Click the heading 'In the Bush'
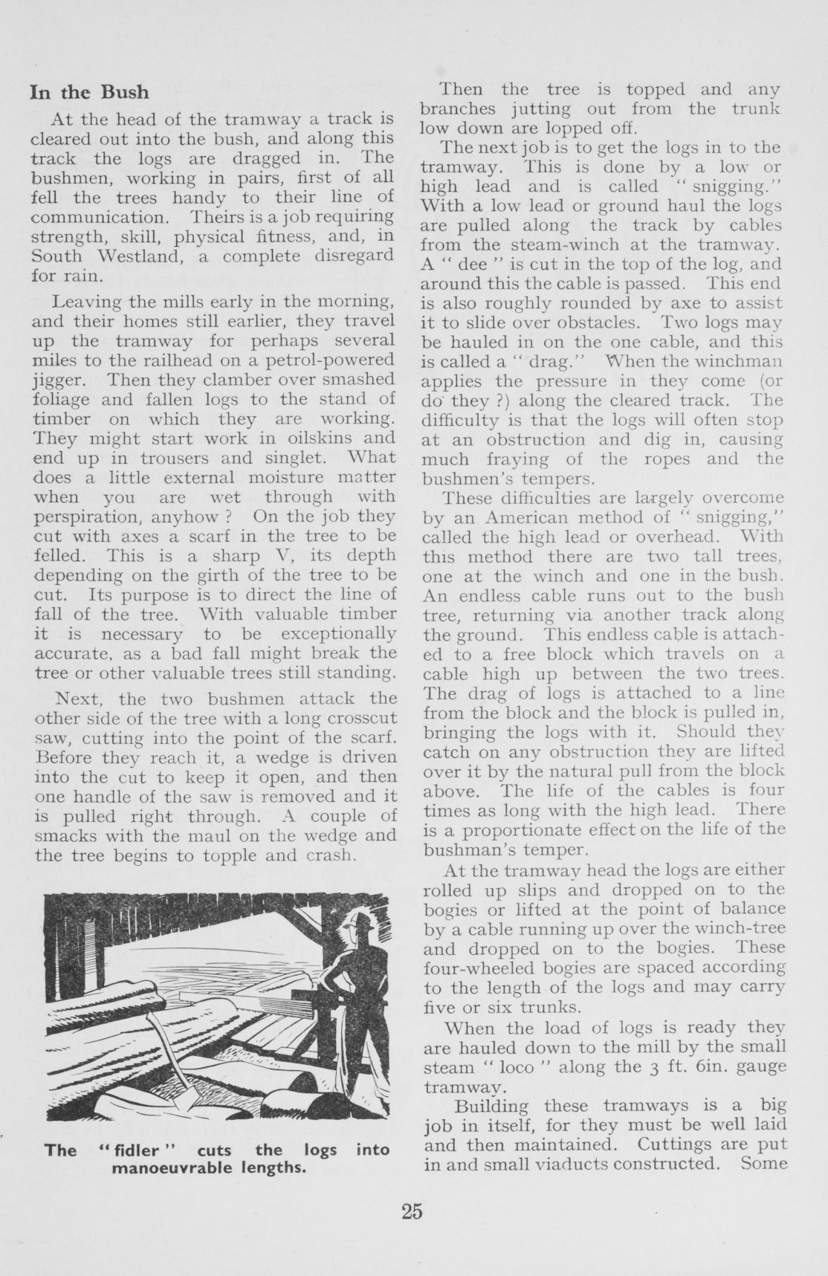tap(89, 93)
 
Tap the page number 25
tap(412, 1211)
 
